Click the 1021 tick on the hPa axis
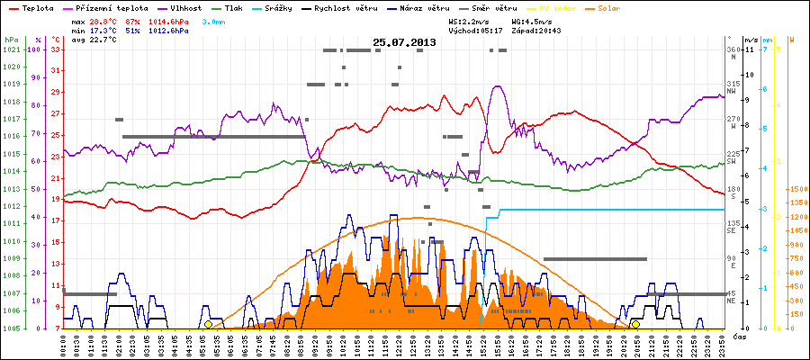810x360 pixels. tap(11, 49)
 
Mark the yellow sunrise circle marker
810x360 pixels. tap(208, 324)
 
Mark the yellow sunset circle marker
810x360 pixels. tap(635, 324)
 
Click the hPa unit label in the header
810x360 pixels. tap(10, 40)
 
